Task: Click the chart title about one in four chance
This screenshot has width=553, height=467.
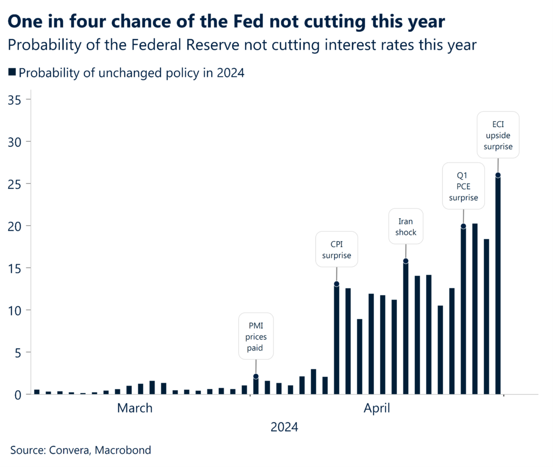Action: tap(226, 21)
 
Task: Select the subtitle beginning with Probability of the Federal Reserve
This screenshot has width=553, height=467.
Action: tap(242, 45)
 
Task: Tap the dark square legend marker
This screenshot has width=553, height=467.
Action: tap(12, 72)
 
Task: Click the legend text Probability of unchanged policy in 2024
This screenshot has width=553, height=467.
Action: tap(132, 73)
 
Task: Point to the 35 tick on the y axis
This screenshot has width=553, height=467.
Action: tap(16, 100)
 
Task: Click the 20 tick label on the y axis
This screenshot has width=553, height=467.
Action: tap(16, 226)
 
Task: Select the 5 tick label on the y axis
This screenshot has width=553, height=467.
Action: tap(19, 353)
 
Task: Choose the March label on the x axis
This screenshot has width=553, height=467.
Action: tap(135, 408)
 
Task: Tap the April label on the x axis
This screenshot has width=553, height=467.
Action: tap(376, 408)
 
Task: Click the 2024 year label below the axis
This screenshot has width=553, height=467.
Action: tap(284, 428)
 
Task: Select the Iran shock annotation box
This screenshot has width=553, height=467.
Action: tap(406, 226)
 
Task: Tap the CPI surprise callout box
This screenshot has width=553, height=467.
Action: tap(336, 249)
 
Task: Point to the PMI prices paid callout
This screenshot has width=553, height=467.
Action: tap(256, 336)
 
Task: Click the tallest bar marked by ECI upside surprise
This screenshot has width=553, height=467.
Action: tap(498, 286)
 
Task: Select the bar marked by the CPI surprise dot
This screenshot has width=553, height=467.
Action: tap(336, 340)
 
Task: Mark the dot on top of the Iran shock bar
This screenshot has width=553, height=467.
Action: tap(406, 261)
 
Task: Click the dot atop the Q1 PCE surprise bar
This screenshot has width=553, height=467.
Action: tap(463, 226)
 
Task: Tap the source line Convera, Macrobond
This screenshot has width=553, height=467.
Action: tap(81, 450)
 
